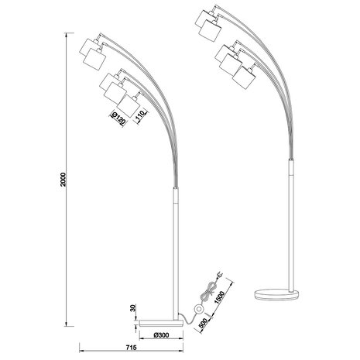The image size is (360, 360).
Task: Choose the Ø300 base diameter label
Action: [x=161, y=334]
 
